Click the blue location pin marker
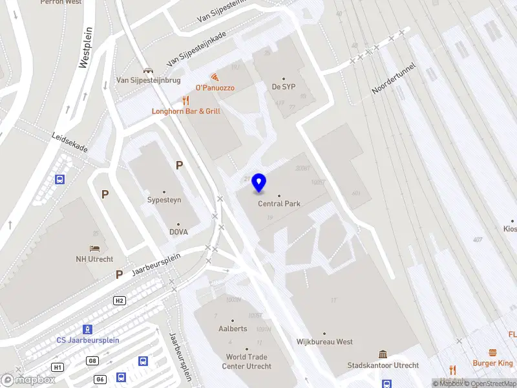click(x=259, y=183)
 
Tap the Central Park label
click(x=279, y=204)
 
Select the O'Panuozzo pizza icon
click(x=214, y=77)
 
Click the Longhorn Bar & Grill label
click(x=186, y=111)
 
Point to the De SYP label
click(x=283, y=87)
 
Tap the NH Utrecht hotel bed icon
click(x=95, y=249)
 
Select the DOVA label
click(x=179, y=232)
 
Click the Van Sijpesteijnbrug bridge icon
click(x=148, y=70)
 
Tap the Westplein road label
click(x=85, y=47)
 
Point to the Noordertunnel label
click(x=394, y=79)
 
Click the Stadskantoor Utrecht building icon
click(x=383, y=354)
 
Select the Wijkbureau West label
click(x=324, y=341)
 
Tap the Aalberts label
click(x=233, y=329)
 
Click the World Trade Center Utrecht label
click(x=246, y=361)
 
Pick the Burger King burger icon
click(x=492, y=352)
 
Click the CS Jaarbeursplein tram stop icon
click(x=88, y=329)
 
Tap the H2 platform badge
click(x=119, y=301)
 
